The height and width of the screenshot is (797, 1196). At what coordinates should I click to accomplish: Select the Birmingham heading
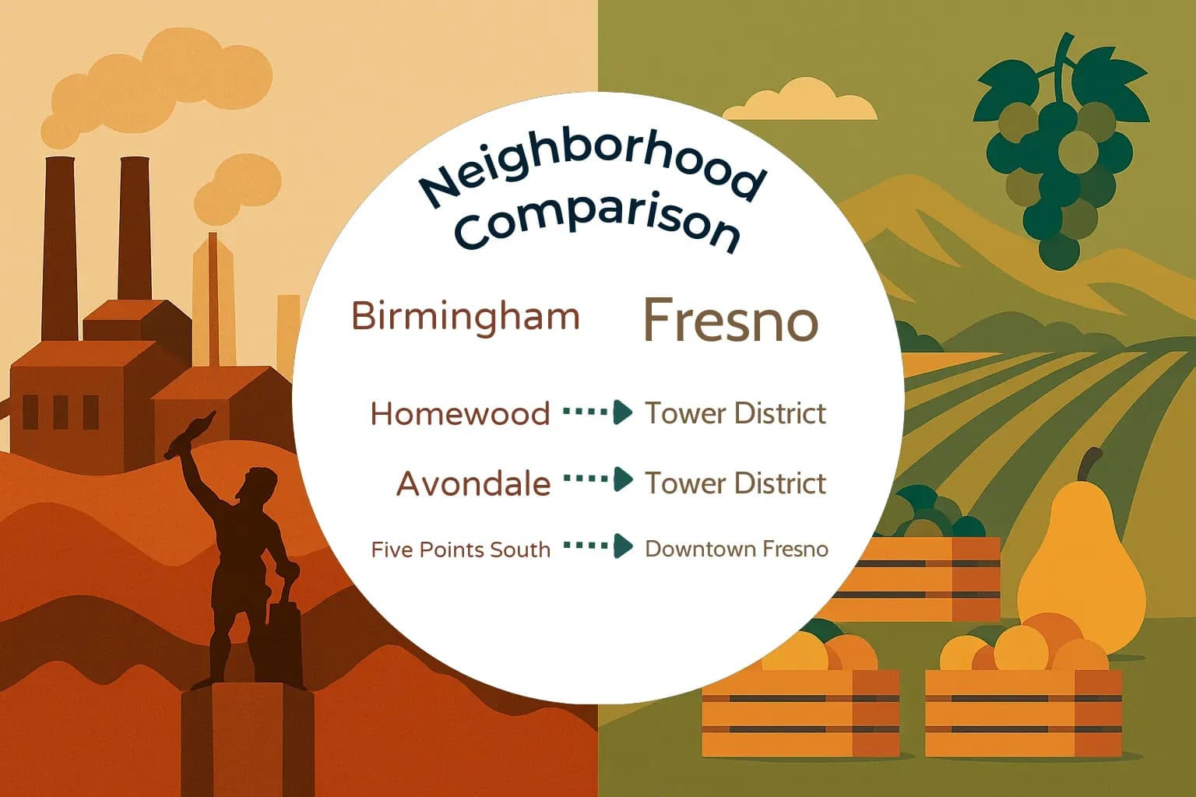click(x=466, y=317)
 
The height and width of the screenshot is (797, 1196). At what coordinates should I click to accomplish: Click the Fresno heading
click(x=730, y=320)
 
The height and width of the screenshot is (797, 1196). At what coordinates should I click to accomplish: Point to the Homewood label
click(x=460, y=414)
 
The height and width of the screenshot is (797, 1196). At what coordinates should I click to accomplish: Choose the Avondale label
click(x=473, y=484)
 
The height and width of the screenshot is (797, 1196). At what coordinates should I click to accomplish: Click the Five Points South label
click(x=460, y=549)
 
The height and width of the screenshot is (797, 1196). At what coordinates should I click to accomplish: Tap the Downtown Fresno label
click(x=737, y=549)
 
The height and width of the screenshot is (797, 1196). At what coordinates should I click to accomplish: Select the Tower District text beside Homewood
click(x=735, y=413)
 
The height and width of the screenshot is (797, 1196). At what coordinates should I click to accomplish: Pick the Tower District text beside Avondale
click(x=735, y=483)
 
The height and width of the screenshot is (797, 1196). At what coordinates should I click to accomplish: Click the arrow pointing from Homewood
click(x=597, y=412)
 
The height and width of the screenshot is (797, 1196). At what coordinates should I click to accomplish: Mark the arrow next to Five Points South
click(x=597, y=546)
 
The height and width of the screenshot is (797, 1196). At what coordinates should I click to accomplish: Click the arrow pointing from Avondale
click(x=597, y=479)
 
